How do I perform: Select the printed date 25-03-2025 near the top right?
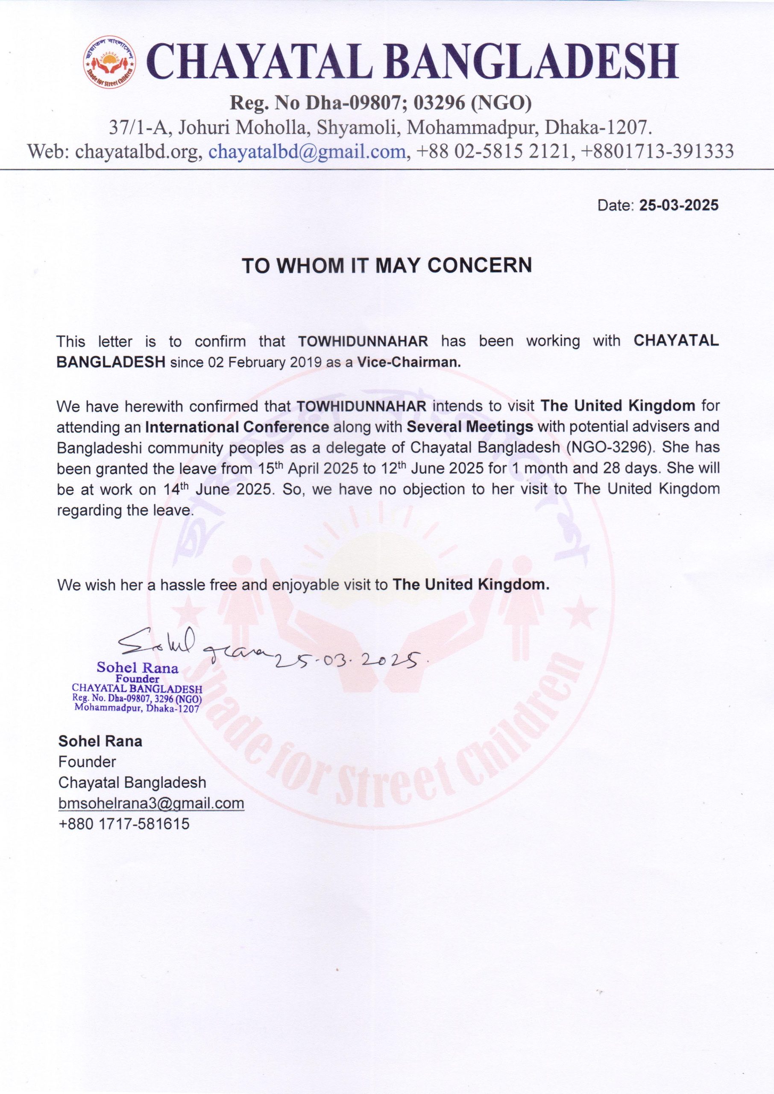(679, 206)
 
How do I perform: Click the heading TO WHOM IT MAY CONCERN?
(387, 265)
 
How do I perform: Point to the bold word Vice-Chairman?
(410, 362)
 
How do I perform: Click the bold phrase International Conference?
(237, 426)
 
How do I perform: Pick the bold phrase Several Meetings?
(469, 426)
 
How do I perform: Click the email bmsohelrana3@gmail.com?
(151, 803)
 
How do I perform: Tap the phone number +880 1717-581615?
(124, 824)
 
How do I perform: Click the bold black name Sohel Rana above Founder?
(100, 741)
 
